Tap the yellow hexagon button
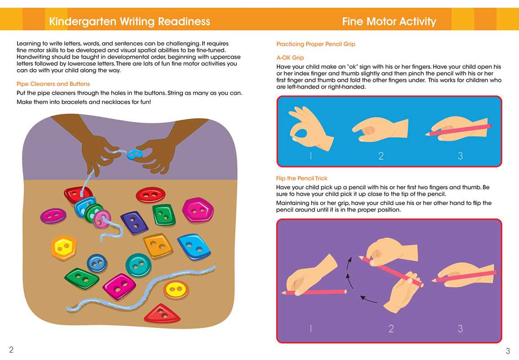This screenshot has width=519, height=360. click(x=64, y=247)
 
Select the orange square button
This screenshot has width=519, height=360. click(x=158, y=245)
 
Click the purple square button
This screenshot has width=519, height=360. click(x=135, y=223)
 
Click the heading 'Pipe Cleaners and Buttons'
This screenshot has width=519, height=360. click(x=53, y=84)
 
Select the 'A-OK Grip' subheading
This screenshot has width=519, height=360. click(x=290, y=58)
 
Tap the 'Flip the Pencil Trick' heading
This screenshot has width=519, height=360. click(x=302, y=178)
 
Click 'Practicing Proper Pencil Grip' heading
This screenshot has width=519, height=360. click(x=316, y=44)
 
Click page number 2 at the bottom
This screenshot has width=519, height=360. click(x=11, y=349)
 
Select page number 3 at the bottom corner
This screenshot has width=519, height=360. click(x=508, y=351)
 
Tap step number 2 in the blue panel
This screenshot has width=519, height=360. click(x=381, y=156)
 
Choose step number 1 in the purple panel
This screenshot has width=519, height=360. click(x=311, y=328)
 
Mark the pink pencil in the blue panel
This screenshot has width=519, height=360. click(x=458, y=130)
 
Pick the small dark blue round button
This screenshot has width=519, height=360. click(x=97, y=263)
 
